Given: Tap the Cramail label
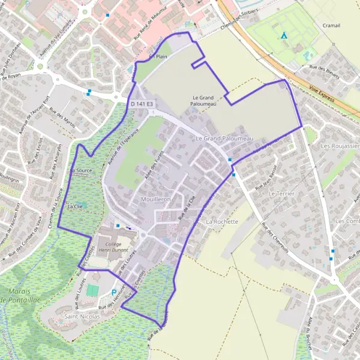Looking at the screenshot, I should [x=330, y=26].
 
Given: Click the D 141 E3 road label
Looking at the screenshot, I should [x=142, y=104].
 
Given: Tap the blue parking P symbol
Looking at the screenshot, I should [x=115, y=293].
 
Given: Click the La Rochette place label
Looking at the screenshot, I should [x=223, y=221].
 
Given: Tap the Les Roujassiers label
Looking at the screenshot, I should [x=340, y=146].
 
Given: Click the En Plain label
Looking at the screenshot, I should [x=158, y=56].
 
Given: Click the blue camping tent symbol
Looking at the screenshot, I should [x=284, y=35].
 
